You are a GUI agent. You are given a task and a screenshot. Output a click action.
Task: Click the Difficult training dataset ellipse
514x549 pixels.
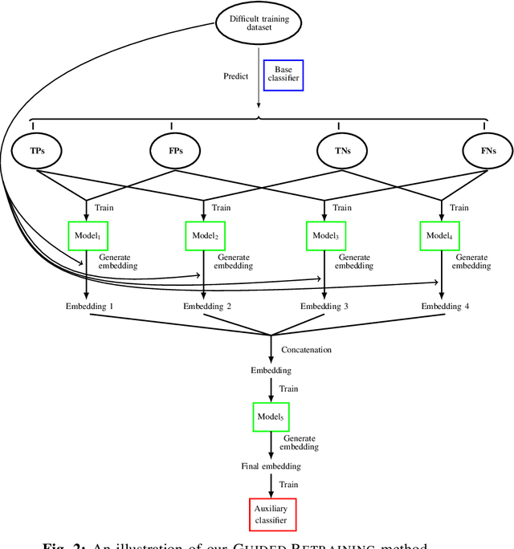point(259,24)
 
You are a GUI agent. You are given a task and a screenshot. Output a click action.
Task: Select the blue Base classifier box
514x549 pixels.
point(284,75)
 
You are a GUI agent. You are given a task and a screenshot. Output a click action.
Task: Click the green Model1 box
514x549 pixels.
point(86,235)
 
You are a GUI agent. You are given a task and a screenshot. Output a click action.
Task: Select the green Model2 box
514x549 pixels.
point(205,235)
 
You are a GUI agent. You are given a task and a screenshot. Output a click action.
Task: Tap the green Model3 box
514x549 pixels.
point(324,235)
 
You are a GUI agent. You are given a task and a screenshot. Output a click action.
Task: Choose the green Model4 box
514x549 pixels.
point(441,235)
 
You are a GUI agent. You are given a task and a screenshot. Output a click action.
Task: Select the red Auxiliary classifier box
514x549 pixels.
point(272,514)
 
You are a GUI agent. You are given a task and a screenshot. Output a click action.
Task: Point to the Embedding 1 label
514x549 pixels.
point(90,306)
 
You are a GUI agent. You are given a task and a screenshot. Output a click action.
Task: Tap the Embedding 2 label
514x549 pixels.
point(207,306)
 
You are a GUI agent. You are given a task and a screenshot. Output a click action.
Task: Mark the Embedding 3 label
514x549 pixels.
point(325,306)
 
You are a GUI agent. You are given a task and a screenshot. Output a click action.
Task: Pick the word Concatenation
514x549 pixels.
point(306,349)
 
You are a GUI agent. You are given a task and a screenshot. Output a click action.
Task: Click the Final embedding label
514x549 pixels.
point(271,466)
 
